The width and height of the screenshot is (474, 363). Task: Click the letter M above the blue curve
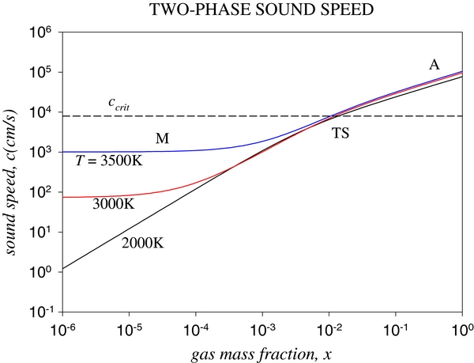[162, 139]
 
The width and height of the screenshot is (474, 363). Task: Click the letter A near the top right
[434, 65]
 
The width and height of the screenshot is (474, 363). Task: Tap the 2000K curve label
[142, 244]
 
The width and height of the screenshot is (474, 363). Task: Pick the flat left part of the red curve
[87, 196]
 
